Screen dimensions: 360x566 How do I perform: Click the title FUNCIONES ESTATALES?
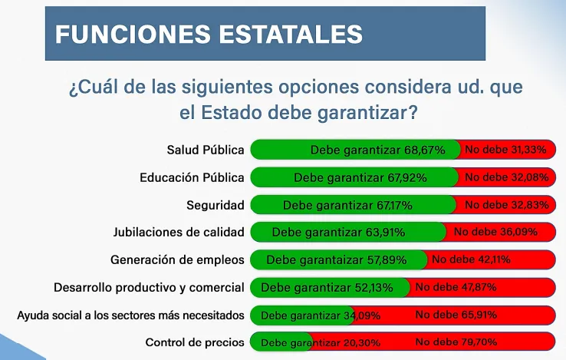coord(209,34)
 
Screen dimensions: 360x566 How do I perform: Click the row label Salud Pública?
coord(206,150)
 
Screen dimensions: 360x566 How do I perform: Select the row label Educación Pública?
coord(192,177)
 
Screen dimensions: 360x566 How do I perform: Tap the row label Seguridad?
coord(216,205)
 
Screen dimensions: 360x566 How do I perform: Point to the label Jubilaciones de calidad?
coord(179,232)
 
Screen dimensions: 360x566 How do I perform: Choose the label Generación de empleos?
coord(177,259)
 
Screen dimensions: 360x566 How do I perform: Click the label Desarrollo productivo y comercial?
coord(149,288)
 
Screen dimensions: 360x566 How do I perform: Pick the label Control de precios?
coord(195,342)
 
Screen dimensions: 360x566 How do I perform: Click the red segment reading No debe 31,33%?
coord(505,150)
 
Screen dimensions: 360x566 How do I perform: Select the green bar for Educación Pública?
coord(354,177)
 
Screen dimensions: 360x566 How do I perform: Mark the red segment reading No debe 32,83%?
coord(505,205)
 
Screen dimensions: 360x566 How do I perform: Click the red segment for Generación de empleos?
coord(491,259)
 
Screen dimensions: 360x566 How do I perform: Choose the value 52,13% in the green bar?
coord(372,288)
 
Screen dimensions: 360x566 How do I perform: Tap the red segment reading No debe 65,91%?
coord(456,315)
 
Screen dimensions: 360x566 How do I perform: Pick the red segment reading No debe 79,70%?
coord(456,342)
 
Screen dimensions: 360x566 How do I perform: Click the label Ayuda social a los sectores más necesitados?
coord(130,315)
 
